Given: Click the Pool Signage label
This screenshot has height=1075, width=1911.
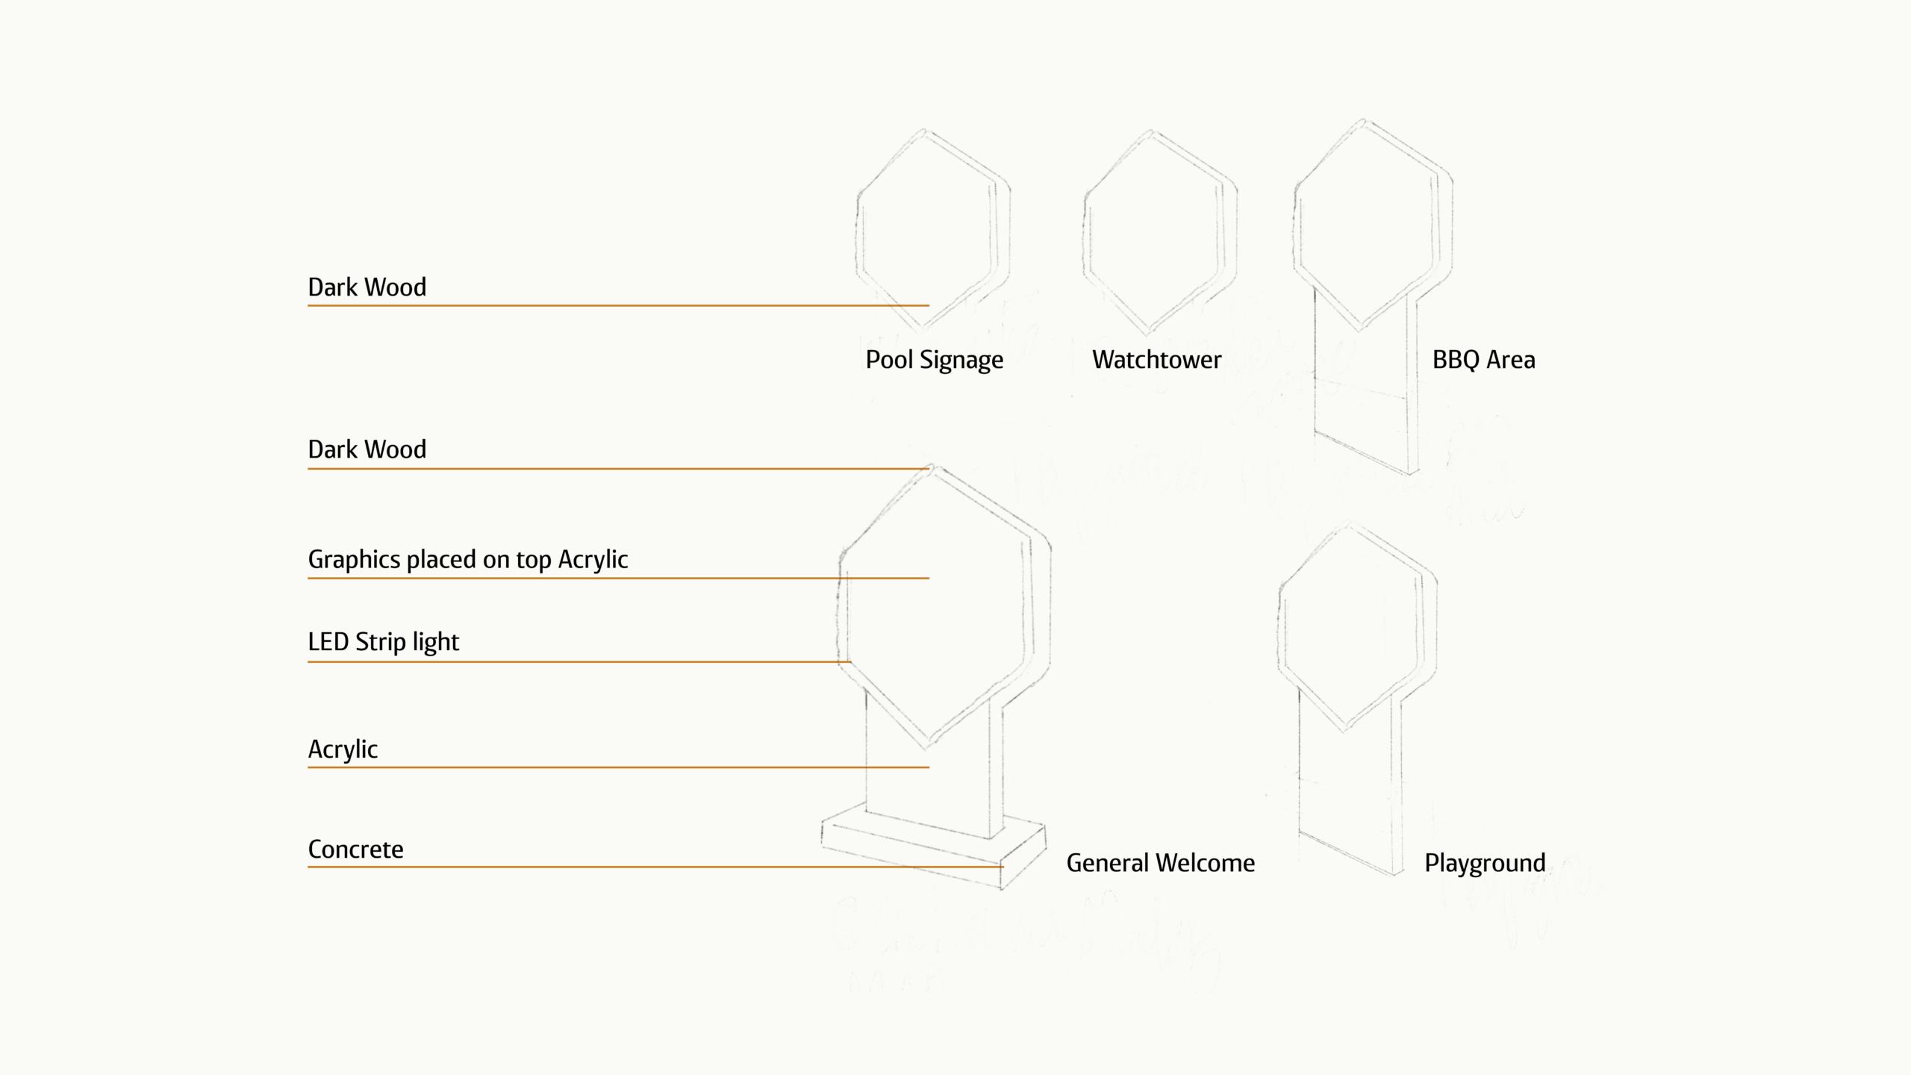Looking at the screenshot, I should [x=934, y=360].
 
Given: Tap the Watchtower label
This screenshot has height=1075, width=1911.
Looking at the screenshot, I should [x=1156, y=360].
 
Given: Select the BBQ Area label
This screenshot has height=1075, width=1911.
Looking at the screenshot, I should [x=1483, y=360].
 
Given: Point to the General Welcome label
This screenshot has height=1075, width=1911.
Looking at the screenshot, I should [x=1160, y=863].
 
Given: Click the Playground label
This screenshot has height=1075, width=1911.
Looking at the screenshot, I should [x=1484, y=863].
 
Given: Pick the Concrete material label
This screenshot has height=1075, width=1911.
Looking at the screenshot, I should [x=355, y=850].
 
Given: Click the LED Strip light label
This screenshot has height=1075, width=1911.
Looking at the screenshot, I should [x=383, y=642].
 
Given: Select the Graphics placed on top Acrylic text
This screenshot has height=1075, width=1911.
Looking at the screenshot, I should [x=468, y=560].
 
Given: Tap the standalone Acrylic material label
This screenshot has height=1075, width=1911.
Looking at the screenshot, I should [x=343, y=750].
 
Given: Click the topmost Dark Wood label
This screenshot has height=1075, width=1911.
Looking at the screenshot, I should [x=367, y=287].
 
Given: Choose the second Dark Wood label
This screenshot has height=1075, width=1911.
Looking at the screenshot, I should [x=367, y=449].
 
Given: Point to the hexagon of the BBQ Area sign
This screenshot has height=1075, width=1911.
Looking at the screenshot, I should [x=1371, y=224].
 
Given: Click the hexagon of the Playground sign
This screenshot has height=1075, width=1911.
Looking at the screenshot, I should [x=1356, y=627].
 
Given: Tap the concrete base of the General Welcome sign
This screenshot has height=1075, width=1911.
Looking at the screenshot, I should [x=933, y=851].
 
